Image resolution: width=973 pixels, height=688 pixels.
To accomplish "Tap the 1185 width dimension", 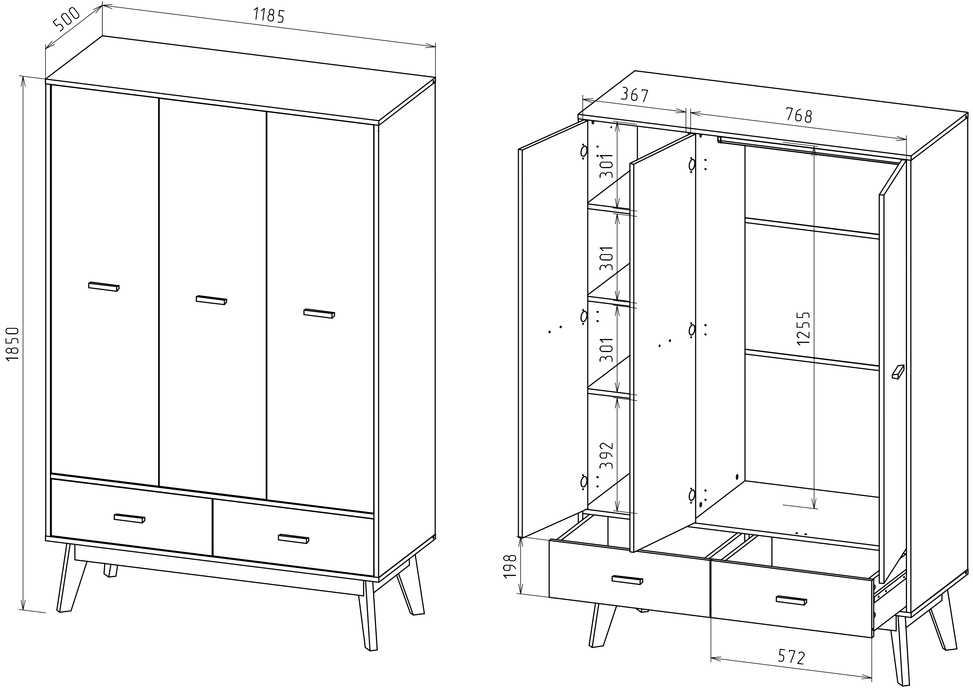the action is [269, 16].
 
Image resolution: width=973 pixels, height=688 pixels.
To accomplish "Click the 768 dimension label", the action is [799, 115].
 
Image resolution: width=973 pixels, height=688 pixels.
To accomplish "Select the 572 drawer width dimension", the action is [791, 657].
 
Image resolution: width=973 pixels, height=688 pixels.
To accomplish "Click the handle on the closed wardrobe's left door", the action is [104, 287].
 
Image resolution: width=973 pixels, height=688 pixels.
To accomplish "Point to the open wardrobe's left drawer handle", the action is [627, 580].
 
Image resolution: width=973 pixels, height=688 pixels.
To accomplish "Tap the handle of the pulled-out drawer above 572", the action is [791, 600].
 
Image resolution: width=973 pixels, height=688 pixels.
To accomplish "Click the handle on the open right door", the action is [898, 371].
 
